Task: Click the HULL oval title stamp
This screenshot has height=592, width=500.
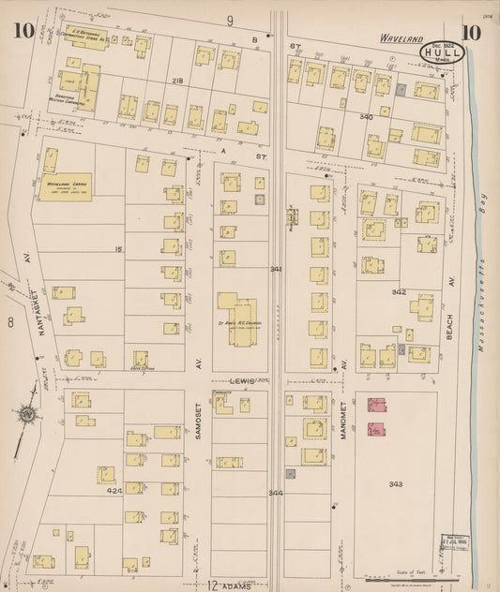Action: click(x=438, y=52)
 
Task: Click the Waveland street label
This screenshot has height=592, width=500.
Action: click(x=402, y=39)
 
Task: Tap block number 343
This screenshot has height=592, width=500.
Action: click(x=395, y=483)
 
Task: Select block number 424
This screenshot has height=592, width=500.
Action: click(x=114, y=490)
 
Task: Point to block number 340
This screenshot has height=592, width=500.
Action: click(x=366, y=117)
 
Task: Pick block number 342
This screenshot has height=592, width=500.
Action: click(x=398, y=291)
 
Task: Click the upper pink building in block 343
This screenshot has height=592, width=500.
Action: click(x=377, y=405)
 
